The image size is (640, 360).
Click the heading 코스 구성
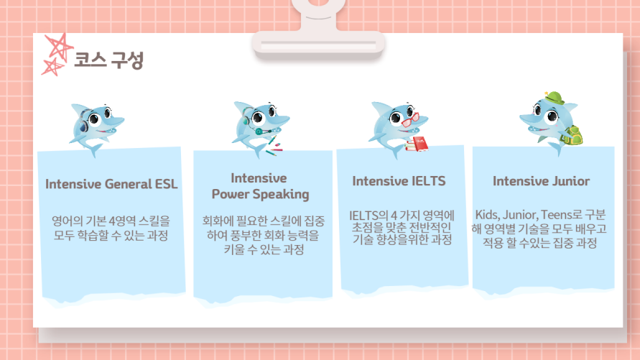coord(108,60)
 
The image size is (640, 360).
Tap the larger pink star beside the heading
coord(59,47)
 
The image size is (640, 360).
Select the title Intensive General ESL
coord(111,184)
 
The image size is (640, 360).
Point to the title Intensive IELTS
coord(399,181)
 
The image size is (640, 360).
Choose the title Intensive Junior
coord(541,181)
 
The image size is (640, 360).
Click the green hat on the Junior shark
coord(555,98)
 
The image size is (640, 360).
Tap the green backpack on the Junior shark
coord(572,135)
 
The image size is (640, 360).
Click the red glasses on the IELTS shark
coord(410,119)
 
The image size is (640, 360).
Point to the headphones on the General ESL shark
coord(83,121)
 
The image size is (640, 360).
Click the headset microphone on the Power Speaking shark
coord(260,131)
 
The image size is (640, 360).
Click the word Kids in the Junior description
coord(487,215)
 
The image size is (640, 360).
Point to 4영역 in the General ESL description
coord(122,221)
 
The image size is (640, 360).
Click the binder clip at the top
coord(318,31)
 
